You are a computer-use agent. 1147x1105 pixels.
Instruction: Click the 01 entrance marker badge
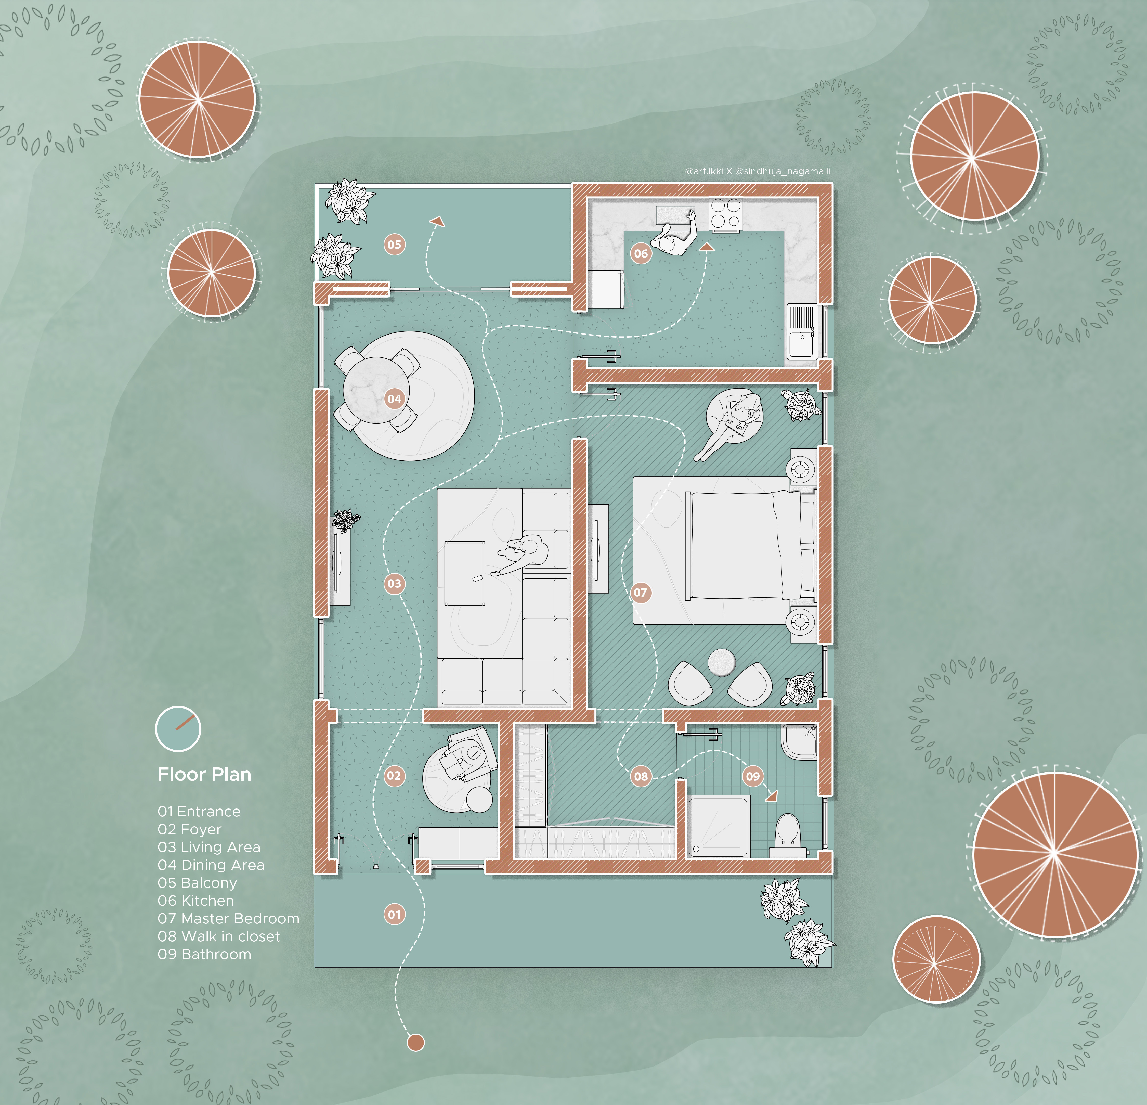(x=394, y=914)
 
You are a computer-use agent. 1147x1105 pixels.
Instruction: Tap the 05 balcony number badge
(x=394, y=245)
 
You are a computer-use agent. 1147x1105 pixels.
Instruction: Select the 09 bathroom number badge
(x=753, y=776)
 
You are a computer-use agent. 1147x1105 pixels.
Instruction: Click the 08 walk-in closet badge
(x=641, y=776)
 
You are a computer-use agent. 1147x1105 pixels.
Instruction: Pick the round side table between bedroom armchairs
(x=721, y=662)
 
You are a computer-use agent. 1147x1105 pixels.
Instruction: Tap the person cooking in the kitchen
(x=676, y=234)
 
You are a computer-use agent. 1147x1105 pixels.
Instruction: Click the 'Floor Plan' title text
(x=204, y=774)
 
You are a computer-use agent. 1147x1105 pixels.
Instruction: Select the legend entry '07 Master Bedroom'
(x=228, y=918)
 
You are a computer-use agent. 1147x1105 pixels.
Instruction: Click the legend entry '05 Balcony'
(x=197, y=883)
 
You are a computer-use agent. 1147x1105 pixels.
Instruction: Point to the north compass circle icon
(x=178, y=729)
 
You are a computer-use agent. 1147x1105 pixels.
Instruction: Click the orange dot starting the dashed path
(x=415, y=1042)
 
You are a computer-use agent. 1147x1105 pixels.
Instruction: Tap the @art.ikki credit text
(x=704, y=171)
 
